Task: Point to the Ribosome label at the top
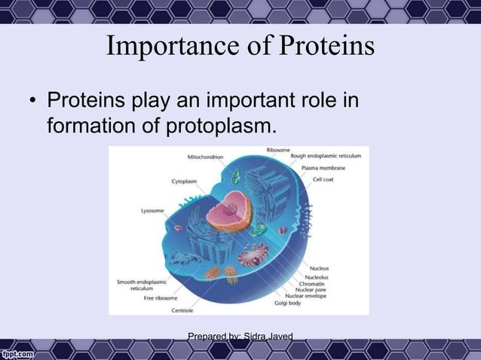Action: coord(277,150)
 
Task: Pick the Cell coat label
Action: coord(326,178)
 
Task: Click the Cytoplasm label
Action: coord(184,182)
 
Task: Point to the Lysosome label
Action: coord(153,211)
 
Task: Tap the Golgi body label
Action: coord(290,304)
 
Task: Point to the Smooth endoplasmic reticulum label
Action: coord(142,285)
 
